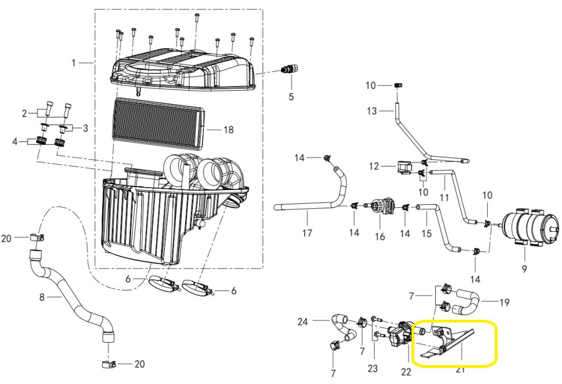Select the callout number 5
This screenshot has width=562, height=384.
pyautogui.click(x=291, y=97)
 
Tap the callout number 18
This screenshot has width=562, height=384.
pyautogui.click(x=229, y=130)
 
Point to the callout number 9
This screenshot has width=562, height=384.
pyautogui.click(x=523, y=267)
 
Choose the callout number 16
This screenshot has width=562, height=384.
pyautogui.click(x=379, y=236)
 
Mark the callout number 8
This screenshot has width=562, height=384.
pyautogui.click(x=41, y=297)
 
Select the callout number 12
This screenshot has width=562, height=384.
pyautogui.click(x=374, y=166)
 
